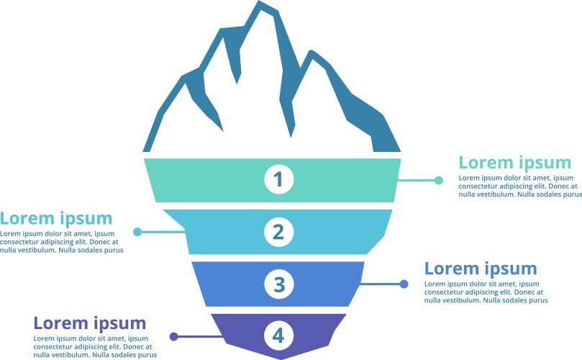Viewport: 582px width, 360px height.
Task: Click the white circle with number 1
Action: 279,179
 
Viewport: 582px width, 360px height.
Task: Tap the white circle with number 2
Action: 279,232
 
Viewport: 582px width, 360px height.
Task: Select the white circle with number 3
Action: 279,284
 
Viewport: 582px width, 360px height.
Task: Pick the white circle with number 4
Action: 279,335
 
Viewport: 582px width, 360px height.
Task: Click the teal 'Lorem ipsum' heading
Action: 514,163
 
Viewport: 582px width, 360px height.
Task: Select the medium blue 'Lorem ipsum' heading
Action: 481,269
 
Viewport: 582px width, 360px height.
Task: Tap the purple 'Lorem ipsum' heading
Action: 90,323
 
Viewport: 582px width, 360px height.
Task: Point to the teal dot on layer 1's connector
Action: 439,181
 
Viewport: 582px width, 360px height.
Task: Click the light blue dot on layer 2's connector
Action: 137,232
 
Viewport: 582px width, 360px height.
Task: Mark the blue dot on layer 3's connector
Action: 404,284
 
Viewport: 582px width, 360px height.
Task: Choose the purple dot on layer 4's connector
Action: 173,336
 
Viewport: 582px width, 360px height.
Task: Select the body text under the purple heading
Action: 95,346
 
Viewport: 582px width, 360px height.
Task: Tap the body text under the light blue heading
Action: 61,242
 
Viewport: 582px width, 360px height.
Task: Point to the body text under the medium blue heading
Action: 483,292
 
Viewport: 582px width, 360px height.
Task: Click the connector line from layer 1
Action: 417,181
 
